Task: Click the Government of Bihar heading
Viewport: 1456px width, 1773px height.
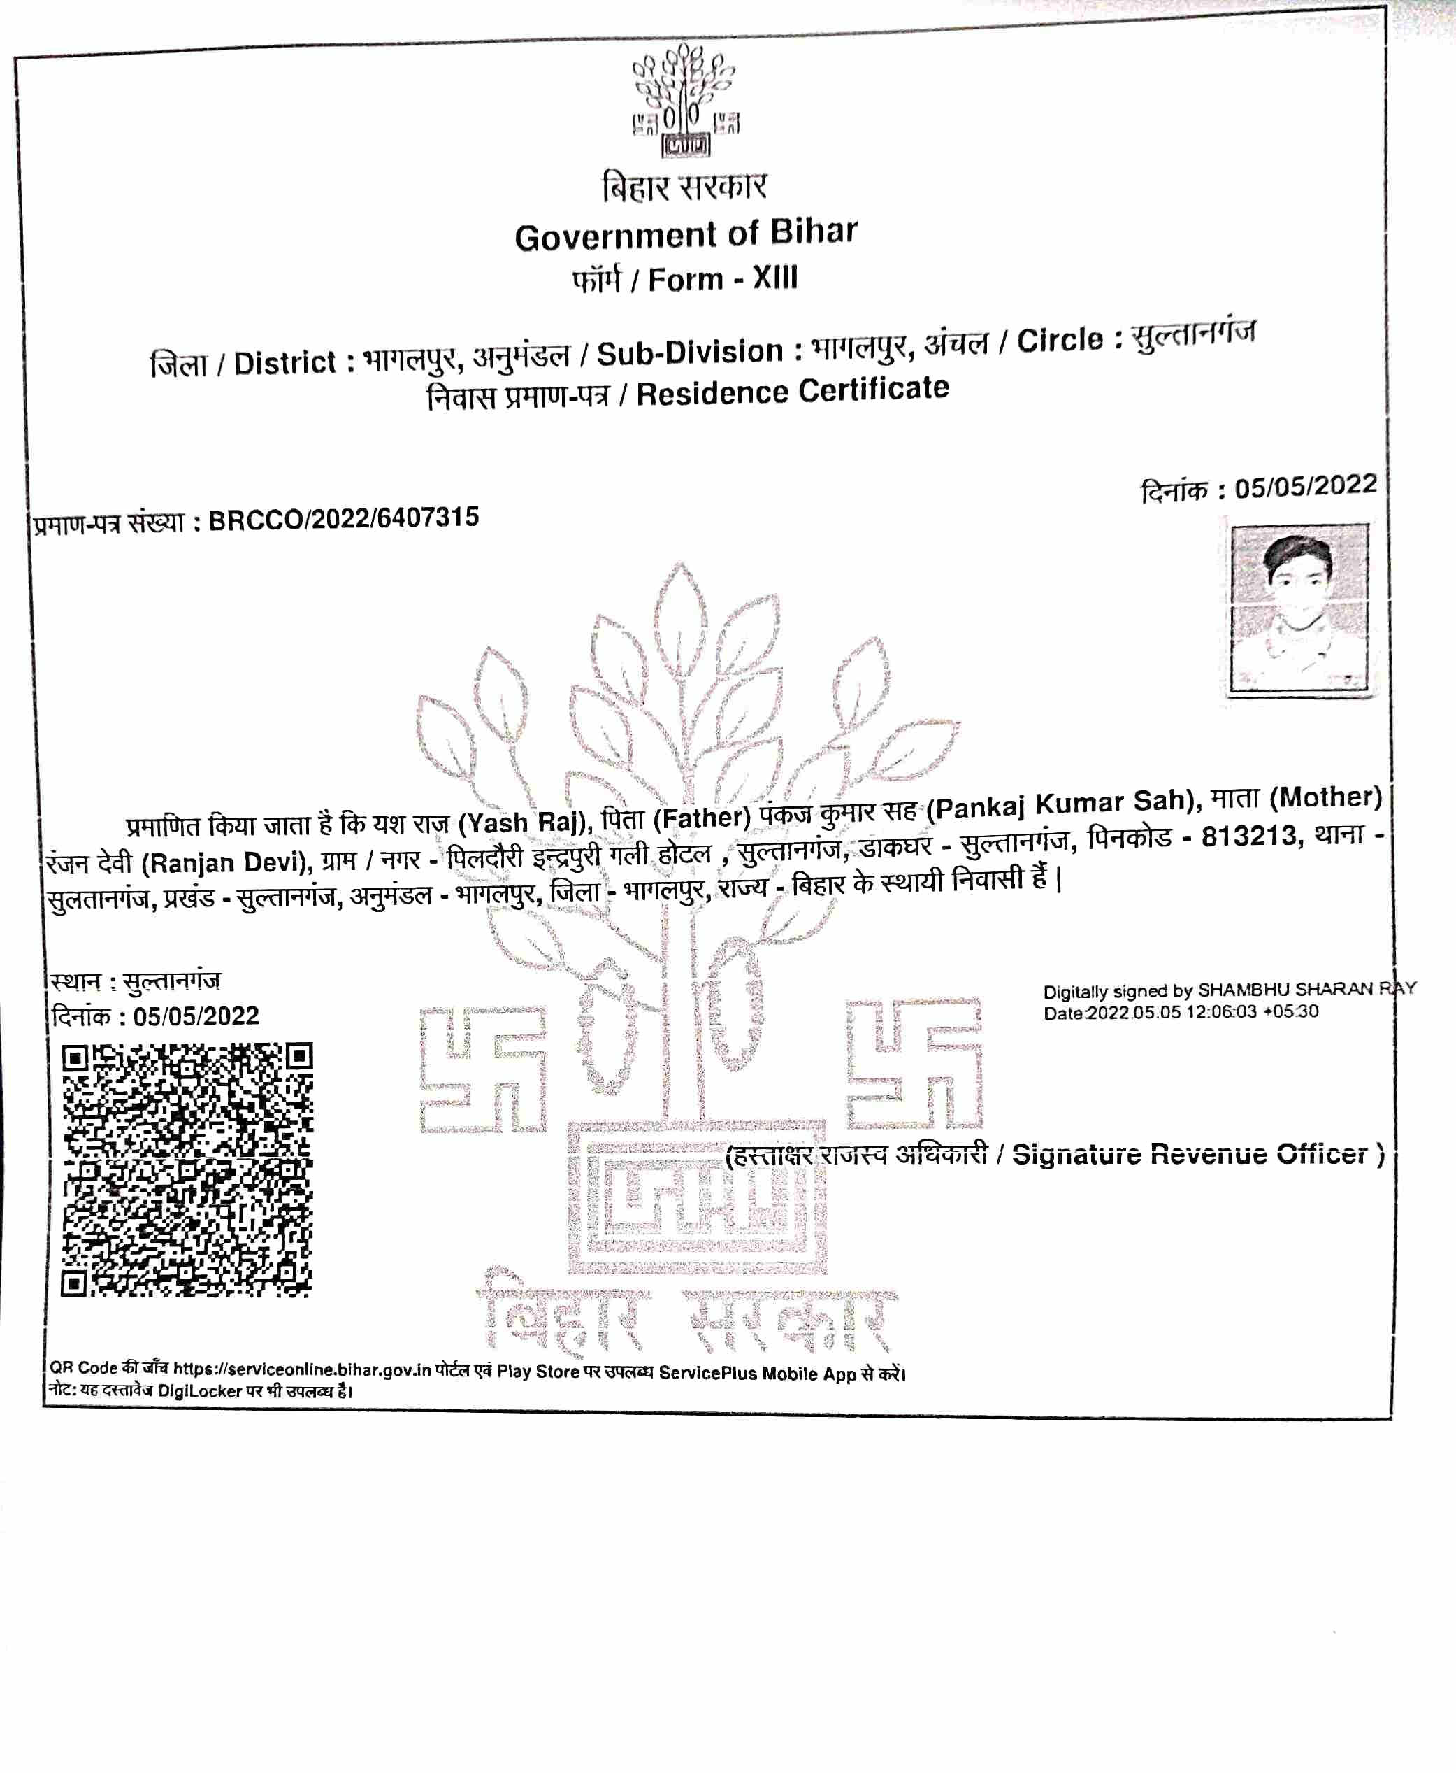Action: point(686,234)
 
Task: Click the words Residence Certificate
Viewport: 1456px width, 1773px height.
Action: point(793,391)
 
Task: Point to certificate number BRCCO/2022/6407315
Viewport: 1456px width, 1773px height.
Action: point(343,518)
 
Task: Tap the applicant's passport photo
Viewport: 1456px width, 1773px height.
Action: point(1297,608)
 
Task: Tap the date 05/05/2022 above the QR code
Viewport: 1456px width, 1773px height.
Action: point(196,1016)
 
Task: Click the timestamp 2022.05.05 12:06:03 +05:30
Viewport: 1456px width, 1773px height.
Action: point(1202,1012)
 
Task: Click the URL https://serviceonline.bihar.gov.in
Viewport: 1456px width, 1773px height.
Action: point(302,1369)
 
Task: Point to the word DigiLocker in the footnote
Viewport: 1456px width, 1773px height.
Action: point(200,1391)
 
